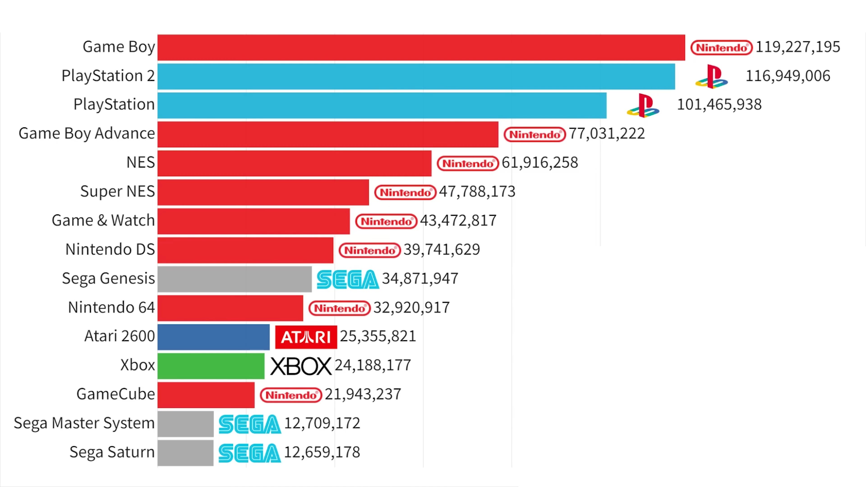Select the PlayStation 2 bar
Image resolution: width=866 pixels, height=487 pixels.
coord(416,76)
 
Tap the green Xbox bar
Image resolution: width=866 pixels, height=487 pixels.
coord(211,366)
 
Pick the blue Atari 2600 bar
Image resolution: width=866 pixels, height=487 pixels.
coord(214,337)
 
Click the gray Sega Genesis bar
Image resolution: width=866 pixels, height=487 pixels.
coord(234,279)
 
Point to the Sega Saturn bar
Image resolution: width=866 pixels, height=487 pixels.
coord(185,453)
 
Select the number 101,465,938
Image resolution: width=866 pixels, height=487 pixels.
coord(719,105)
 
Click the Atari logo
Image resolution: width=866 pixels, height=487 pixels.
coord(306,337)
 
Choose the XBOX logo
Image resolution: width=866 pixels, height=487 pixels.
coord(301,366)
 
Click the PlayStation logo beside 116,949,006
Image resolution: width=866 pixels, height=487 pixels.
coord(712,77)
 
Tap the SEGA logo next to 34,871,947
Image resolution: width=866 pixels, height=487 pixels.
coord(348,279)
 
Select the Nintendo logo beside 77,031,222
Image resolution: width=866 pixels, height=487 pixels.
coord(534,134)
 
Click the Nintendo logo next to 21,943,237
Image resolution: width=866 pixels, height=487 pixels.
coord(291,395)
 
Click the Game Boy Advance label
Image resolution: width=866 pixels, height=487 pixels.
coord(87,134)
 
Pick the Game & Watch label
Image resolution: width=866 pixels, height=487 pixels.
coord(103,221)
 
